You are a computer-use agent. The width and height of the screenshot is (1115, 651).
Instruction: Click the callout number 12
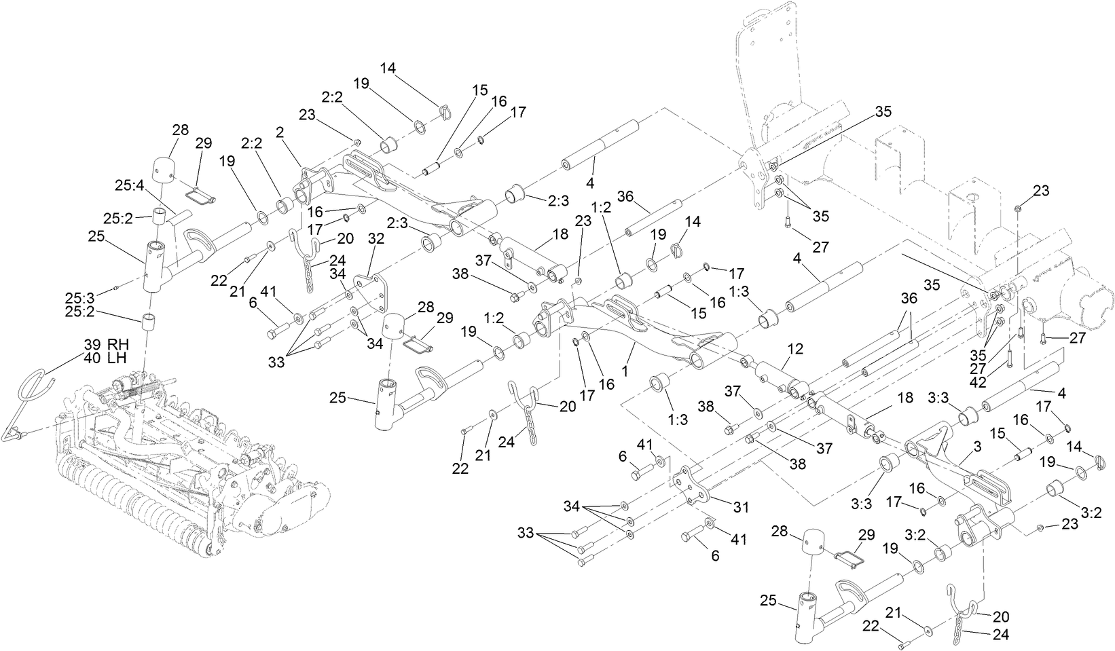click(795, 350)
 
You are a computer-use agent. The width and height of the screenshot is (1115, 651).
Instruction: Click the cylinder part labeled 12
click(774, 376)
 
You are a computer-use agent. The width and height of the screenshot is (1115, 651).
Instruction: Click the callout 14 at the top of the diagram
click(388, 68)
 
